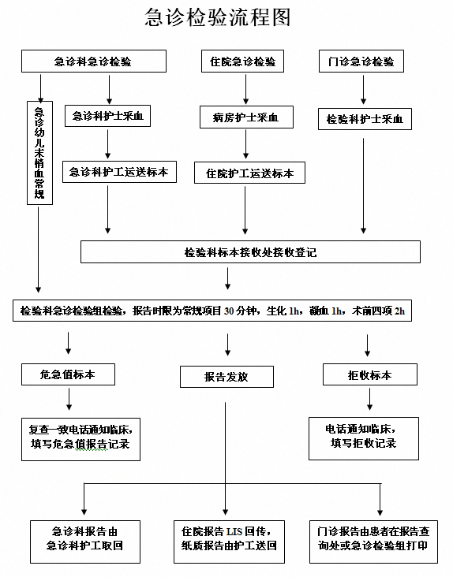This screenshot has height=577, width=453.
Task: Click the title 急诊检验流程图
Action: pos(218,17)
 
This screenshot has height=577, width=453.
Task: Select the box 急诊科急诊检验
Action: pos(94,61)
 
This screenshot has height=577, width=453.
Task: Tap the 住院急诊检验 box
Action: pos(243,61)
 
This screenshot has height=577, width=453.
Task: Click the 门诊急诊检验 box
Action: pos(361,61)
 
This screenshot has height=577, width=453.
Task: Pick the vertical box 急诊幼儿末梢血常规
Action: pos(39,153)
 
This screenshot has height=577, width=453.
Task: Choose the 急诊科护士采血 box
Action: pos(107,117)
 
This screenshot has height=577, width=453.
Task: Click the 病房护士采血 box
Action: pos(246,117)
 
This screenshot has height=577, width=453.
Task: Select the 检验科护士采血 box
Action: pos(365,119)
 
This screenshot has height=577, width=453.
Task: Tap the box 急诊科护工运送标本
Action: pos(119,172)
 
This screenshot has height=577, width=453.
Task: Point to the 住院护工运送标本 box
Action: pos(249,173)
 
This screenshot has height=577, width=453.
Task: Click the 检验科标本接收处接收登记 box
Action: pos(250,252)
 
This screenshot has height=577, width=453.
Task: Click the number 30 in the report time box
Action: pos(229,311)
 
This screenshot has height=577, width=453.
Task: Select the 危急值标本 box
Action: pos(68,374)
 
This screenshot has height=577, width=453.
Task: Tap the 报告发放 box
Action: pos(226,377)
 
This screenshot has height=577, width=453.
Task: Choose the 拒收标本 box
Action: pos(370,374)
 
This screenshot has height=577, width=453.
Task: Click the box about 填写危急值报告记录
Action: pos(81,439)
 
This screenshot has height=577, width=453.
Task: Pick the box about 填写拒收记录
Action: pos(364,438)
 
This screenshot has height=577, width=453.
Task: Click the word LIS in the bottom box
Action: pos(234,532)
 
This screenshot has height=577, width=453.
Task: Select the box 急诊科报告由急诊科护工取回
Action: pos(85,542)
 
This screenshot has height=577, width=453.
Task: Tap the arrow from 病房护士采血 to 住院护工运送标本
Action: pos(245,144)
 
